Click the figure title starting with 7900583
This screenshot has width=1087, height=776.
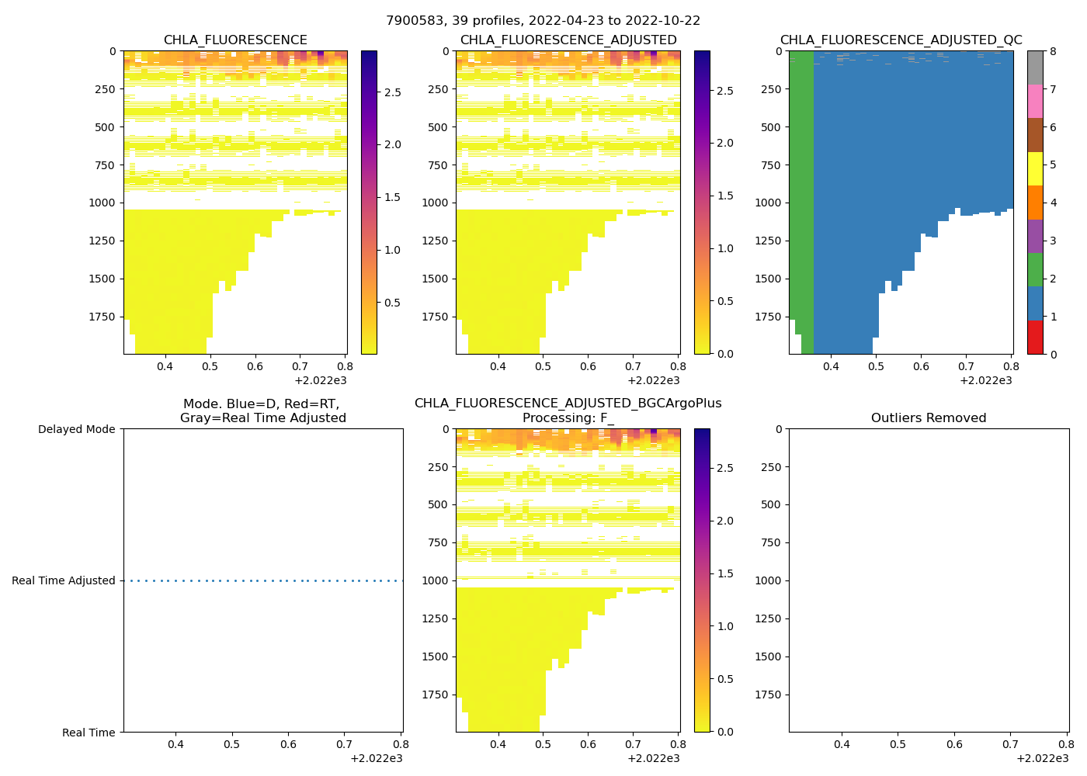pyautogui.click(x=543, y=20)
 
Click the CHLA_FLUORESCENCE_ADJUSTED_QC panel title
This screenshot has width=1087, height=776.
pyautogui.click(x=901, y=40)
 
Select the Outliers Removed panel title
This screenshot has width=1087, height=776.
pyautogui.click(x=929, y=418)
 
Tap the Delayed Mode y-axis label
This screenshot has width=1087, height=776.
pyautogui.click(x=76, y=429)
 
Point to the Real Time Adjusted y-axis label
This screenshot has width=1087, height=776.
pyautogui.click(x=63, y=580)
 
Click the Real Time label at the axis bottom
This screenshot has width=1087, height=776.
pyautogui.click(x=89, y=733)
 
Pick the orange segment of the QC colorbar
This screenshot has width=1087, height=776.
pyautogui.click(x=1035, y=203)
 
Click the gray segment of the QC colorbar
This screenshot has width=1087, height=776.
pyautogui.click(x=1035, y=68)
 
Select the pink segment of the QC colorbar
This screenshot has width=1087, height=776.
pyautogui.click(x=1035, y=101)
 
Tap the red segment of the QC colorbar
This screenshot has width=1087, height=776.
pyautogui.click(x=1035, y=338)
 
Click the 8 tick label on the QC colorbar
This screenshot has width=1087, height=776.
pyautogui.click(x=1053, y=51)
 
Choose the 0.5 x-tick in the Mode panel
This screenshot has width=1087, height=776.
pyautogui.click(x=232, y=744)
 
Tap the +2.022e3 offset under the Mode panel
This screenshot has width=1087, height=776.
pyautogui.click(x=377, y=758)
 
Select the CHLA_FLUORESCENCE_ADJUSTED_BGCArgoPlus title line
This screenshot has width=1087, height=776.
pyautogui.click(x=568, y=404)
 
